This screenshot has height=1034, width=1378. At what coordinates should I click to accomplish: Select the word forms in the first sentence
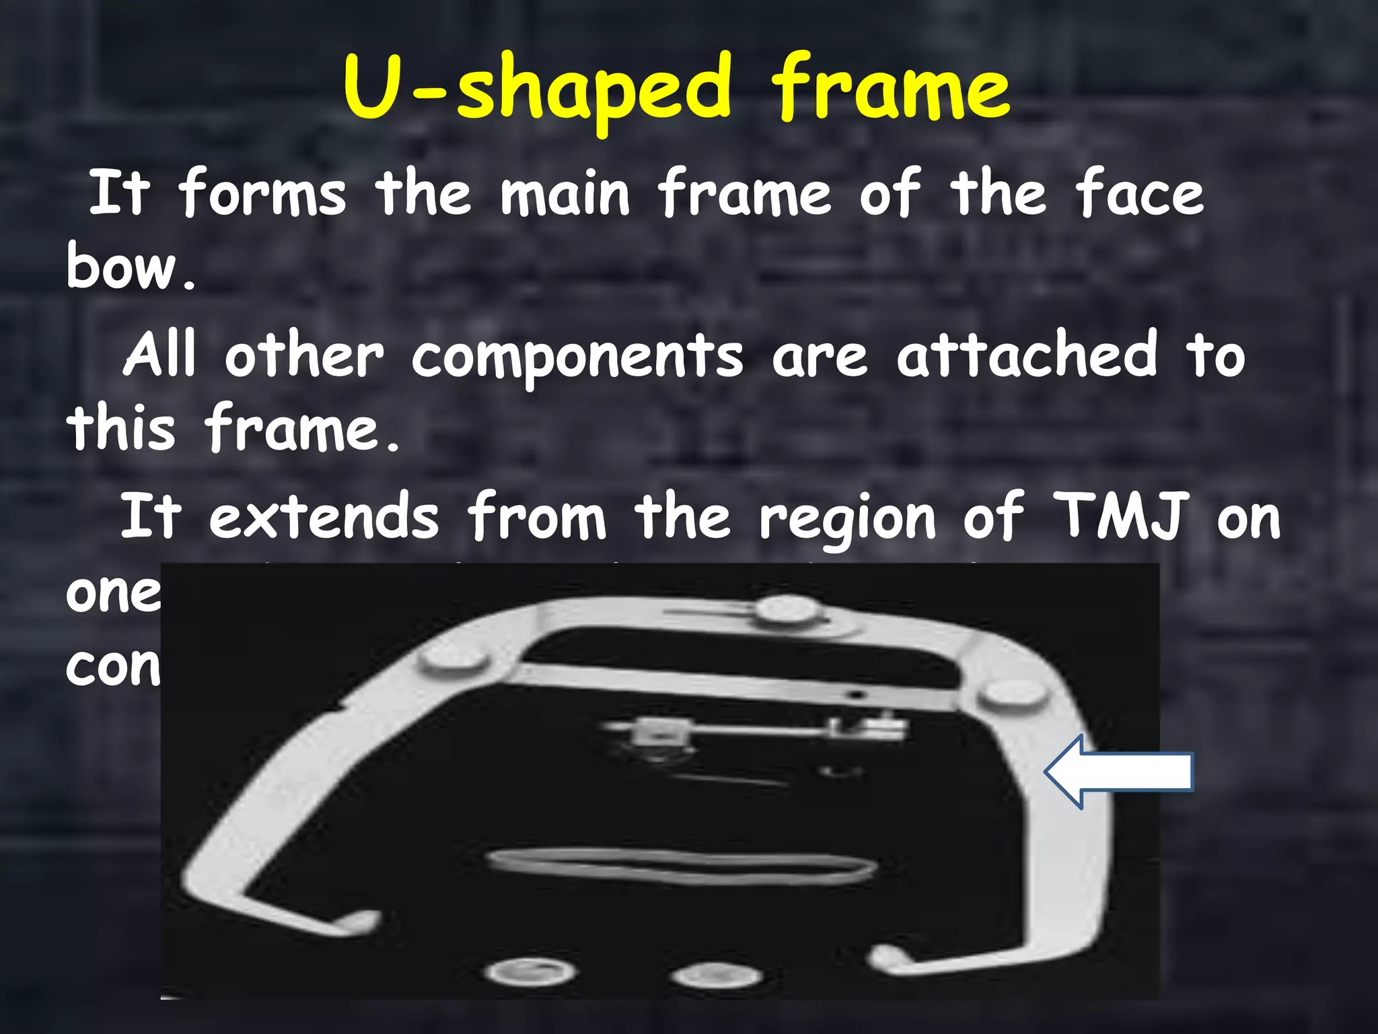pos(262,193)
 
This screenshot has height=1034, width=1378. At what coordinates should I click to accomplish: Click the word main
pos(565,193)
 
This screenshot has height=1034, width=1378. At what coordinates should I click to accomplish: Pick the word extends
pos(324,517)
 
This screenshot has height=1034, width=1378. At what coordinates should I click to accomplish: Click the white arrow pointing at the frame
pos(1118,771)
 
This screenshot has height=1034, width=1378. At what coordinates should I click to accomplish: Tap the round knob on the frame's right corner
pos(1014,693)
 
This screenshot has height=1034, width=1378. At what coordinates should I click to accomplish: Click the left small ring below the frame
pos(531,971)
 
